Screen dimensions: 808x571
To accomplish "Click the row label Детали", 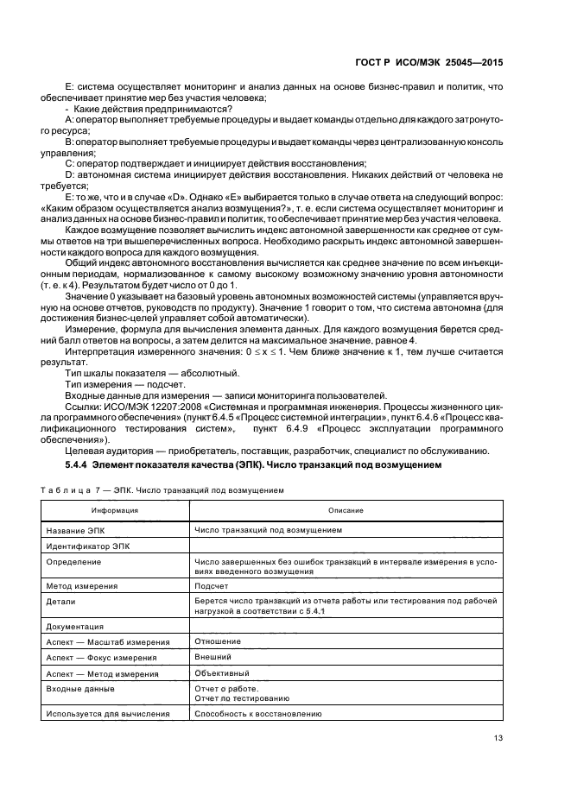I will click(x=60, y=601).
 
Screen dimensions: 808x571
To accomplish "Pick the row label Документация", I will click(x=77, y=626).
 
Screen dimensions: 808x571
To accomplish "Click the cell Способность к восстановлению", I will click(x=258, y=714).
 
